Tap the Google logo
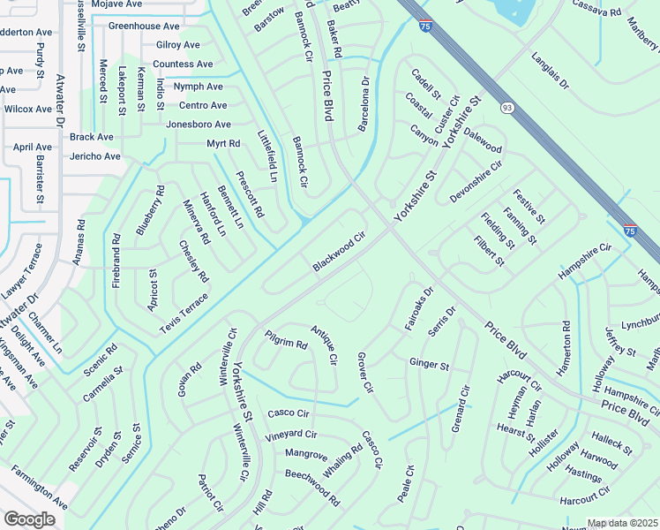(x=29, y=519)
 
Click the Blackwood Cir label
(x=339, y=253)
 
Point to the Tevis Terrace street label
(x=184, y=314)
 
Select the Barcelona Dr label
(x=363, y=105)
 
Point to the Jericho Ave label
(x=95, y=156)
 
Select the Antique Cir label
(x=324, y=345)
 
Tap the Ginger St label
(x=430, y=364)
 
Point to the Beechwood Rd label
(x=312, y=487)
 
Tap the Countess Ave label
(x=183, y=64)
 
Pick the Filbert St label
(x=489, y=251)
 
